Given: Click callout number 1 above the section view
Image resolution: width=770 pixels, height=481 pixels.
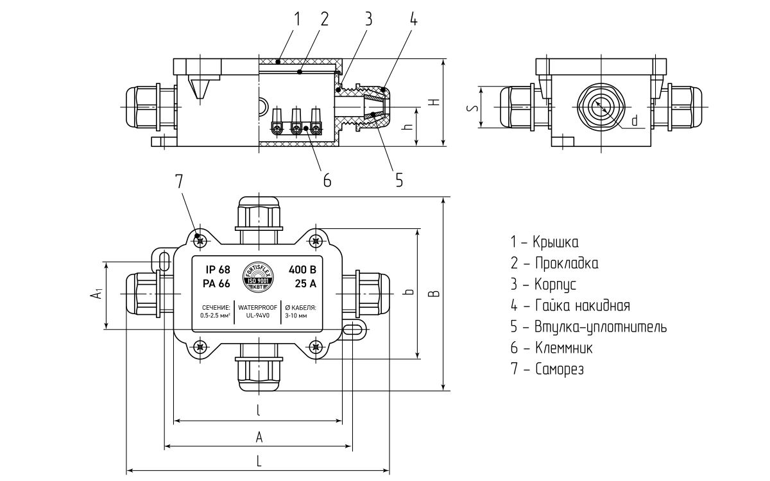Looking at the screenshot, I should click(x=297, y=19).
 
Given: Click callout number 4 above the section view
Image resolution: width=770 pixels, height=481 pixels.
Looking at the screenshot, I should click(x=413, y=19).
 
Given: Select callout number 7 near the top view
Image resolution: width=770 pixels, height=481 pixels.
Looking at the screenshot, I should click(x=179, y=181).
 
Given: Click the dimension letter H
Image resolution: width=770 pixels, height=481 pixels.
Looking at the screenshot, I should click(x=434, y=103).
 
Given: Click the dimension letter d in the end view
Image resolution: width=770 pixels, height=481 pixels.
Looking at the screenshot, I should click(x=634, y=121).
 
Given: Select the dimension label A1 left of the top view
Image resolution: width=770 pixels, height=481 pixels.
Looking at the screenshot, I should click(x=96, y=294).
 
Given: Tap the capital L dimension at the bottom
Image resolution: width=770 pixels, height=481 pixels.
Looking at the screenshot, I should click(x=259, y=460).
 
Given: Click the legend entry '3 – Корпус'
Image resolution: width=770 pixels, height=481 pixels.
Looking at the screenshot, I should click(x=543, y=284).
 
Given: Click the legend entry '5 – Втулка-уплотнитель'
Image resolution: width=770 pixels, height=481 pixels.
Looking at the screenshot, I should click(x=588, y=327).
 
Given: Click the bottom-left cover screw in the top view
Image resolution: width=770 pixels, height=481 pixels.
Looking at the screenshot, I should click(x=200, y=347).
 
